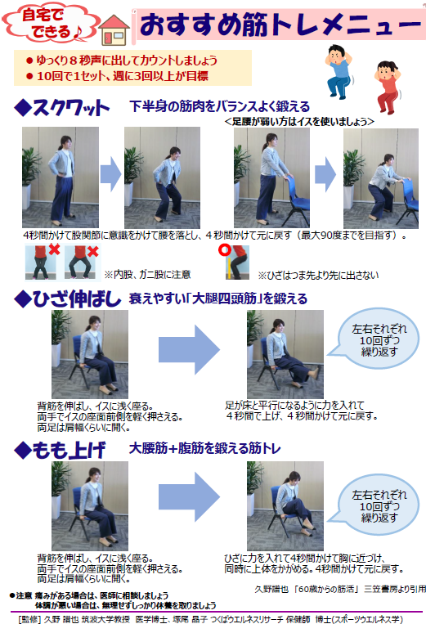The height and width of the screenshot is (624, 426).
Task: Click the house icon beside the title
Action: pyautogui.click(x=114, y=29)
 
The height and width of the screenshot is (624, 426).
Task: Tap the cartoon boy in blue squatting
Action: pyautogui.click(x=339, y=72)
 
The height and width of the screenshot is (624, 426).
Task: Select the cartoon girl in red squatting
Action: pyautogui.click(x=388, y=88)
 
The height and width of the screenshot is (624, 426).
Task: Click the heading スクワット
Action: pyautogui.click(x=61, y=107)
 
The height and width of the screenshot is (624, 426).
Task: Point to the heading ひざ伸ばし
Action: pyautogui.click(x=68, y=299)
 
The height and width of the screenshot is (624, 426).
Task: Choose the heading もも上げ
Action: pyautogui.click(x=60, y=450)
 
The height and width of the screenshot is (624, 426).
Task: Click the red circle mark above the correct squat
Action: pyautogui.click(x=225, y=250)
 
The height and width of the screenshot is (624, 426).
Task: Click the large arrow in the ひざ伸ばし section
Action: pyautogui.click(x=189, y=350)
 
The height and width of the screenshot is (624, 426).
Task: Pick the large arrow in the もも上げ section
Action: pyautogui.click(x=189, y=496)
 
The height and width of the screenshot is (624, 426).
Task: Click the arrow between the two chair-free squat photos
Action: pyautogui.click(x=110, y=174)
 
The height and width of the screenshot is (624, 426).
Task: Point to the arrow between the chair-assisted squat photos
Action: pyautogui.click(x=325, y=174)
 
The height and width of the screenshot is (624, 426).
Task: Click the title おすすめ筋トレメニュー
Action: pyautogui.click(x=280, y=25)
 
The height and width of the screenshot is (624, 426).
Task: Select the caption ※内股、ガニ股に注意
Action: pyautogui.click(x=147, y=274)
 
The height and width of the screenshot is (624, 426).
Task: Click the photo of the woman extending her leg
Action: pyautogui.click(x=285, y=354)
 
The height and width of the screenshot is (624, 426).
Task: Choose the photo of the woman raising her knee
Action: pyautogui.click(x=285, y=505)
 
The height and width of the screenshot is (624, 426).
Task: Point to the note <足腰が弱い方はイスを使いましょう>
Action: pyautogui.click(x=299, y=121)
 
